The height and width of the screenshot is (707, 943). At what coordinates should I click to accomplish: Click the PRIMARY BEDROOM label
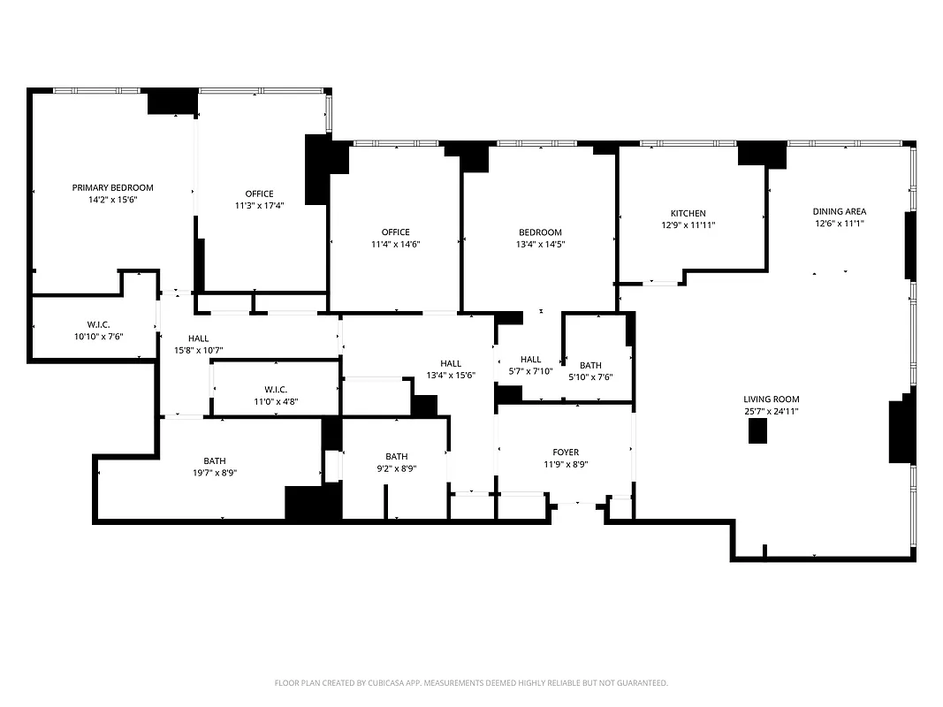click(112, 187)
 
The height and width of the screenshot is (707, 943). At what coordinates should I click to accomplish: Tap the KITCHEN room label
click(688, 213)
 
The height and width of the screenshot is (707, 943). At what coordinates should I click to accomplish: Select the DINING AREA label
click(840, 211)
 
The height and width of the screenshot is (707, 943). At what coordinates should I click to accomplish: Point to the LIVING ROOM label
click(771, 399)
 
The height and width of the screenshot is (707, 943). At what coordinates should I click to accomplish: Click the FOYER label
click(566, 452)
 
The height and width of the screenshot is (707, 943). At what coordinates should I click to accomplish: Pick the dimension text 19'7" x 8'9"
click(215, 473)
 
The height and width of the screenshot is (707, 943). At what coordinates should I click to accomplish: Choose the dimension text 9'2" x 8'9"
click(396, 468)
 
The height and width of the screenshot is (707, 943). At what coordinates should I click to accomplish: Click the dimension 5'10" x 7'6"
click(590, 376)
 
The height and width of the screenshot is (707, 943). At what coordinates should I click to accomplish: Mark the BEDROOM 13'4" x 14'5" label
click(539, 238)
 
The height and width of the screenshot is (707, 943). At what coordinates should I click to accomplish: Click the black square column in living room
click(758, 431)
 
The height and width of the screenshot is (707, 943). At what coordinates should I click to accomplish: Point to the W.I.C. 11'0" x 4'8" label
click(276, 395)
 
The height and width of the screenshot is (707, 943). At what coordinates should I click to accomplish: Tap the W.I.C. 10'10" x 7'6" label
click(98, 330)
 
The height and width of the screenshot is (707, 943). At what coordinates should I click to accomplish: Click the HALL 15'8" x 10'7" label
click(198, 344)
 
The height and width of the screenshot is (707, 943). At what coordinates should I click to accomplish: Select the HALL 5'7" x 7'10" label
click(530, 365)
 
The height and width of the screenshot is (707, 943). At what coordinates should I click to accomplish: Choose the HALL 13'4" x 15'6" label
click(451, 369)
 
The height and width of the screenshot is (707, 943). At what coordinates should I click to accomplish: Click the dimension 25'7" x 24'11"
click(771, 411)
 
